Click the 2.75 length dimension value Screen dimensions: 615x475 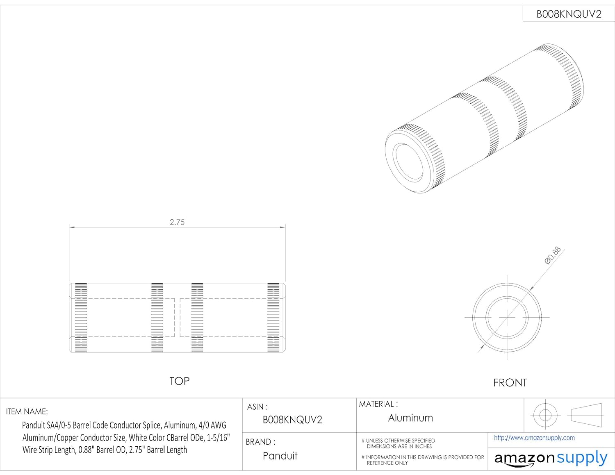177,223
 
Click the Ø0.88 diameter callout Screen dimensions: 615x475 552,255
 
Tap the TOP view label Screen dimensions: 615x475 180,381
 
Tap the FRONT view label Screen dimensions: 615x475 510,383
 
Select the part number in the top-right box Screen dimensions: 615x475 569,14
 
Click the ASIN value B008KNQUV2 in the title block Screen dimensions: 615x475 292,420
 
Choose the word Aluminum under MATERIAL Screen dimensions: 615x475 410,418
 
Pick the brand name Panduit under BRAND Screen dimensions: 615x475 280,456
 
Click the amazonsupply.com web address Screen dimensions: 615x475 534,438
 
